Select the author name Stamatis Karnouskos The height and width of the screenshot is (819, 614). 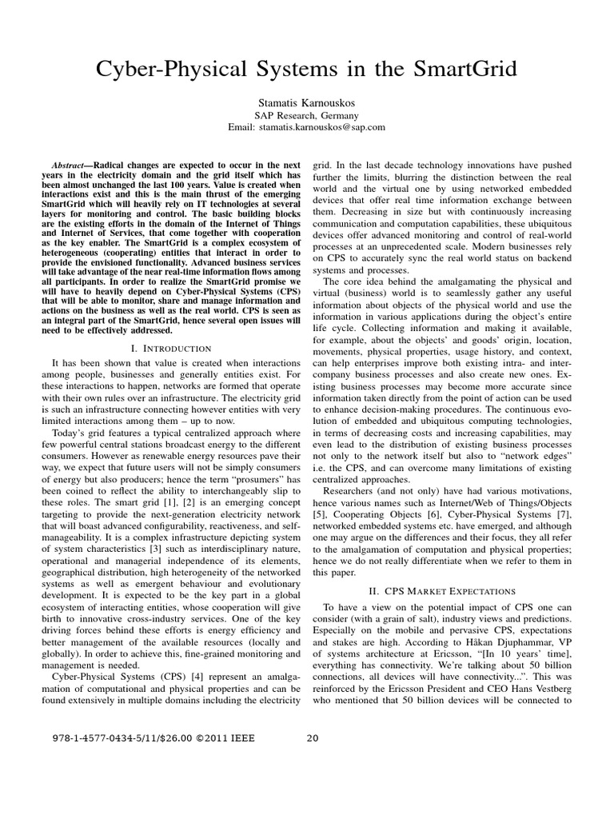click(x=308, y=102)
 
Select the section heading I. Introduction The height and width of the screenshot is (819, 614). click(x=169, y=348)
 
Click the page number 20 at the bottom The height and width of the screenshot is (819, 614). click(x=313, y=738)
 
